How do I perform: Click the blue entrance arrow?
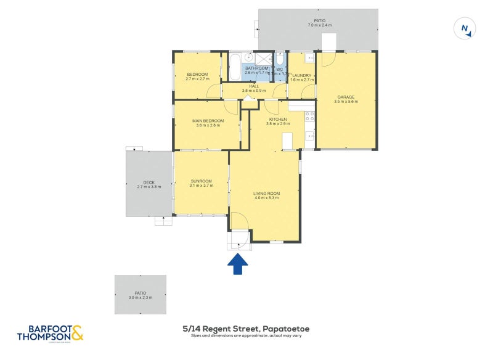click(x=238, y=264)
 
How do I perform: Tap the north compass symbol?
click(x=465, y=29)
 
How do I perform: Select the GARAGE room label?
click(x=346, y=97)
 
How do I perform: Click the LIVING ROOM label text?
click(x=266, y=194)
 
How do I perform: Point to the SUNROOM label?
click(x=201, y=181)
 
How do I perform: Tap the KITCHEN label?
click(x=277, y=118)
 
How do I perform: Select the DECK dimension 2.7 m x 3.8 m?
click(x=149, y=186)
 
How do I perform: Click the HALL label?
click(x=253, y=86)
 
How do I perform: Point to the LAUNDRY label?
click(x=302, y=75)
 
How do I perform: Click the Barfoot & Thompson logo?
click(x=50, y=333)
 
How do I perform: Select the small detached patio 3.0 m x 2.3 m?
click(x=141, y=294)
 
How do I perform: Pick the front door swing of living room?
click(x=238, y=222)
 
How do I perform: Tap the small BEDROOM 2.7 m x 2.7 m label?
click(x=197, y=75)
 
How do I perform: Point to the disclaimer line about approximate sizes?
click(x=246, y=336)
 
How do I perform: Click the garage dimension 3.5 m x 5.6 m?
click(x=346, y=102)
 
